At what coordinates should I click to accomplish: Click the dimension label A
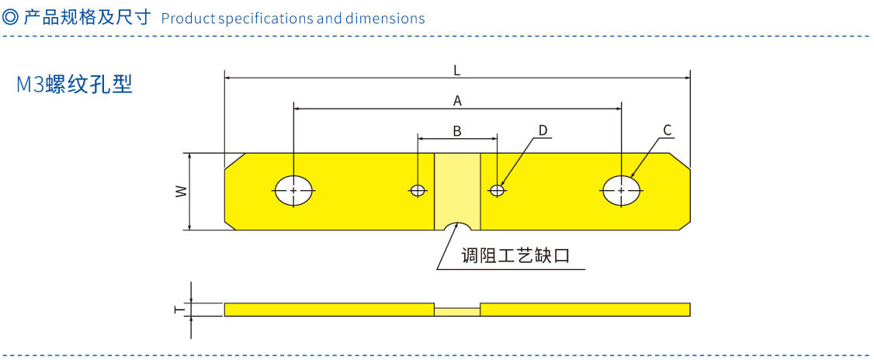point(457,100)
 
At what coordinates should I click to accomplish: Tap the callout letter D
point(543,130)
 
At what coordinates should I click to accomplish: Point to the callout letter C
point(667,129)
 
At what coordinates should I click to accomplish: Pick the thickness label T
point(180,309)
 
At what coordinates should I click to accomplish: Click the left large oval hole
point(294,190)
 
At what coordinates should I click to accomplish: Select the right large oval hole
point(622,190)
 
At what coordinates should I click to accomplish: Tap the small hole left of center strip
point(418,190)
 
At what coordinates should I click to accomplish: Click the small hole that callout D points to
point(497,190)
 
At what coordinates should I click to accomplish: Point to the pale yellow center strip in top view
point(457,186)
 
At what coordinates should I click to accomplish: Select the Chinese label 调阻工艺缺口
point(515,255)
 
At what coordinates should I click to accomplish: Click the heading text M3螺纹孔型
point(75,85)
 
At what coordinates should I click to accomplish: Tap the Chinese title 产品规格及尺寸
point(86,17)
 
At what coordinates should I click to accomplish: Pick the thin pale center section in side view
point(457,310)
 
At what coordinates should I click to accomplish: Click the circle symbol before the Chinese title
point(11,17)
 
